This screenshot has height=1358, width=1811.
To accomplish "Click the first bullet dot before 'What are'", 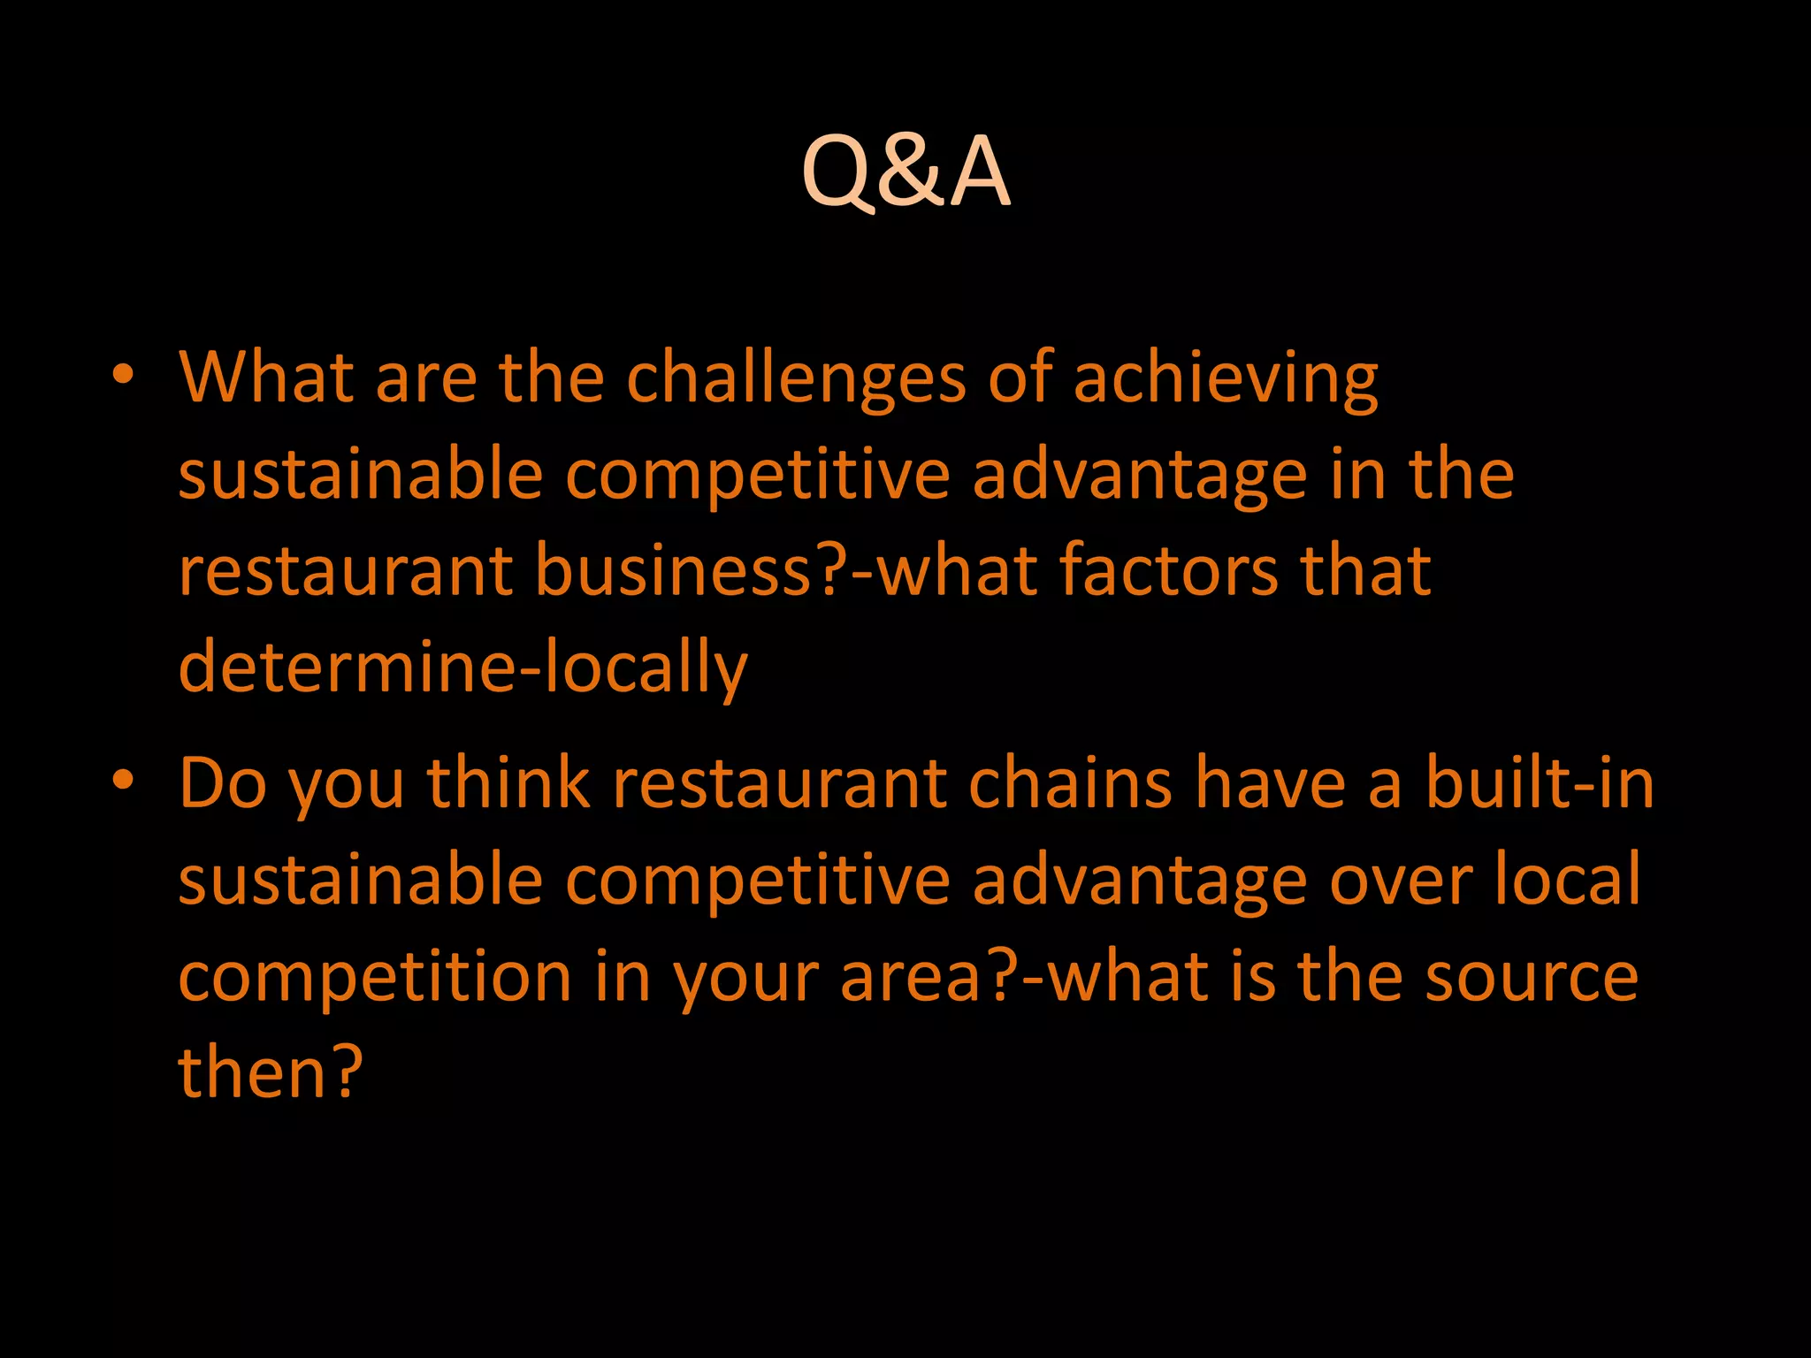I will tap(123, 375).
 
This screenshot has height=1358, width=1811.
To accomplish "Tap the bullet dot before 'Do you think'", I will tap(123, 781).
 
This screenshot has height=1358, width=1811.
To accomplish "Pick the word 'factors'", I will tap(1169, 570).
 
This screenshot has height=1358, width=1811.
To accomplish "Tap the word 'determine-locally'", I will tap(463, 668).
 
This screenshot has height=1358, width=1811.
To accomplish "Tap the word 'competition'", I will tap(376, 978).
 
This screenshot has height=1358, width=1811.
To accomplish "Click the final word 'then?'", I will tap(271, 1072).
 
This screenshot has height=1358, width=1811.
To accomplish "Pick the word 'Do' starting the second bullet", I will tap(223, 784).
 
